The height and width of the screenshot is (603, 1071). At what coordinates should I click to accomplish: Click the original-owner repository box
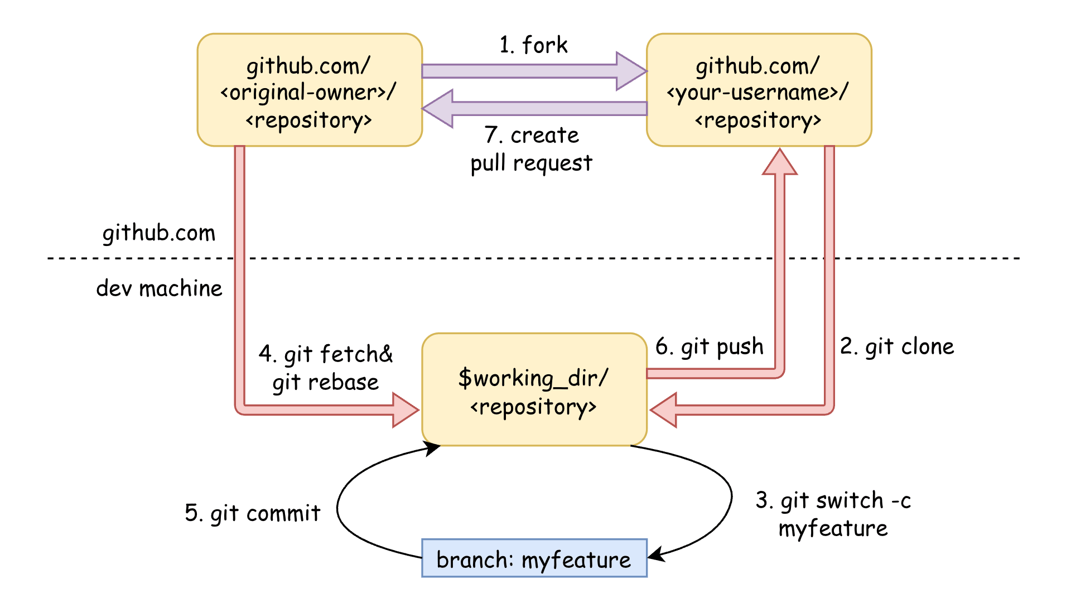310,90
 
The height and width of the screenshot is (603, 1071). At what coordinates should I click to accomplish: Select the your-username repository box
759,90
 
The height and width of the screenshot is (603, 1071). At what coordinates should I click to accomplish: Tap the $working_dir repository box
534,390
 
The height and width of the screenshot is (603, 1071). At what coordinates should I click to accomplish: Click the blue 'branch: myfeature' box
534,558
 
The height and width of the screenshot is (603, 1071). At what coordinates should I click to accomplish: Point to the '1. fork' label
533,45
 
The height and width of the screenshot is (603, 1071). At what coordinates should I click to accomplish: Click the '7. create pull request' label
532,149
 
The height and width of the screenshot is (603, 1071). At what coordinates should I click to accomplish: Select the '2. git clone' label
897,346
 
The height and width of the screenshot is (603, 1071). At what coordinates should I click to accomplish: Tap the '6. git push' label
709,346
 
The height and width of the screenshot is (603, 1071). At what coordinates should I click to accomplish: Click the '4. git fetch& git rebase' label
326,368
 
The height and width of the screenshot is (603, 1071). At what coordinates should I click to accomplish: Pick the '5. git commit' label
253,513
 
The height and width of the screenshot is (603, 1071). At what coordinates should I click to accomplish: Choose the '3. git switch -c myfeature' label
833,514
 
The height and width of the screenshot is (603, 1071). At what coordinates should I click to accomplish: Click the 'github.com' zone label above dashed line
158,233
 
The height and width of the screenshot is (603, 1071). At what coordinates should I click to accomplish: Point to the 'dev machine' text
159,288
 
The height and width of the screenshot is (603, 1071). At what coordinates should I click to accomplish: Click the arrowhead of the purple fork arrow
631,71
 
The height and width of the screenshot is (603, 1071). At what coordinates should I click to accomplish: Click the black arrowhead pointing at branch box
656,554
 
